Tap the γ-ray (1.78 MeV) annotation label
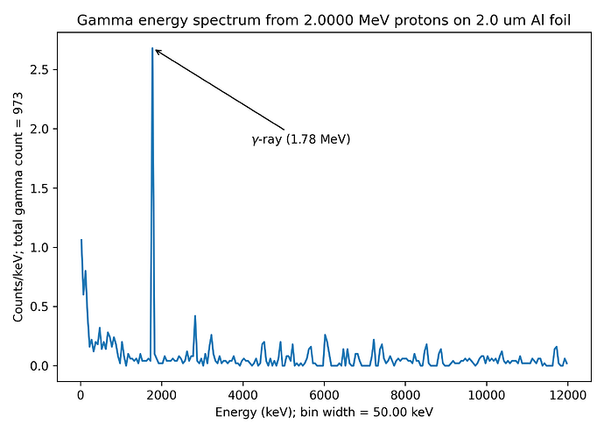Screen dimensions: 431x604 tap(300, 139)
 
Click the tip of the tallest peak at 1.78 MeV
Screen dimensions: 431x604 tap(152, 48)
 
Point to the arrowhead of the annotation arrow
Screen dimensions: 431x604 tap(156, 50)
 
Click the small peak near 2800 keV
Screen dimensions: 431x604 tap(195, 315)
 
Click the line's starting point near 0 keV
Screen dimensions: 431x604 tap(81, 240)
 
